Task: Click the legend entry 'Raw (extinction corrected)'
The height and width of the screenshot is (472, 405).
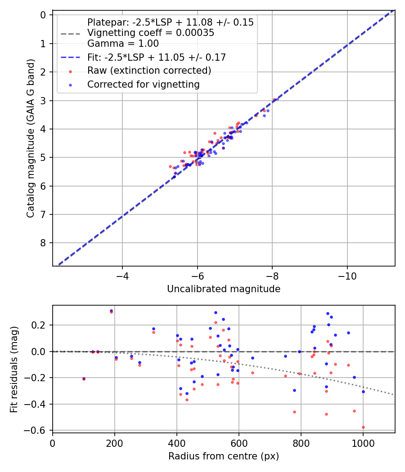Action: point(149,71)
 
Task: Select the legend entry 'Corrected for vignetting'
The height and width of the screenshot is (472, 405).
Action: point(143,84)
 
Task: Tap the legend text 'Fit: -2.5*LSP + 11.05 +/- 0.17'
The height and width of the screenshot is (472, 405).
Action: point(156,57)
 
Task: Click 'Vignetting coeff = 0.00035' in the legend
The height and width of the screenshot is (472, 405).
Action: point(150,33)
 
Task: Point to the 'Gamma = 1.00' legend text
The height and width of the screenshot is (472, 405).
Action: point(123,44)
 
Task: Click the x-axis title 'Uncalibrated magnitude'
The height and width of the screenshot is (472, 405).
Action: point(224,289)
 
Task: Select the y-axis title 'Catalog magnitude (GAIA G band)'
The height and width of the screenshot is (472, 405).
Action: point(30,138)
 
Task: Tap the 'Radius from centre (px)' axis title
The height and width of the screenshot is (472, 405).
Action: point(224,456)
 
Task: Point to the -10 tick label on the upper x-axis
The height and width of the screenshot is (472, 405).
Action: point(346,275)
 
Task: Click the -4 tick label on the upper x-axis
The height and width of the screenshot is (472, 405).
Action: point(122,275)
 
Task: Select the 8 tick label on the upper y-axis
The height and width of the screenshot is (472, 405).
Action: point(43,243)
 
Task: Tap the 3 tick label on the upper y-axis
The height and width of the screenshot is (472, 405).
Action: point(43,100)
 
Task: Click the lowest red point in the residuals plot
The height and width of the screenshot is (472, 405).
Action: point(363,427)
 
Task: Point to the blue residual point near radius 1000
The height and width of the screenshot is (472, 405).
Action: point(363,392)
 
